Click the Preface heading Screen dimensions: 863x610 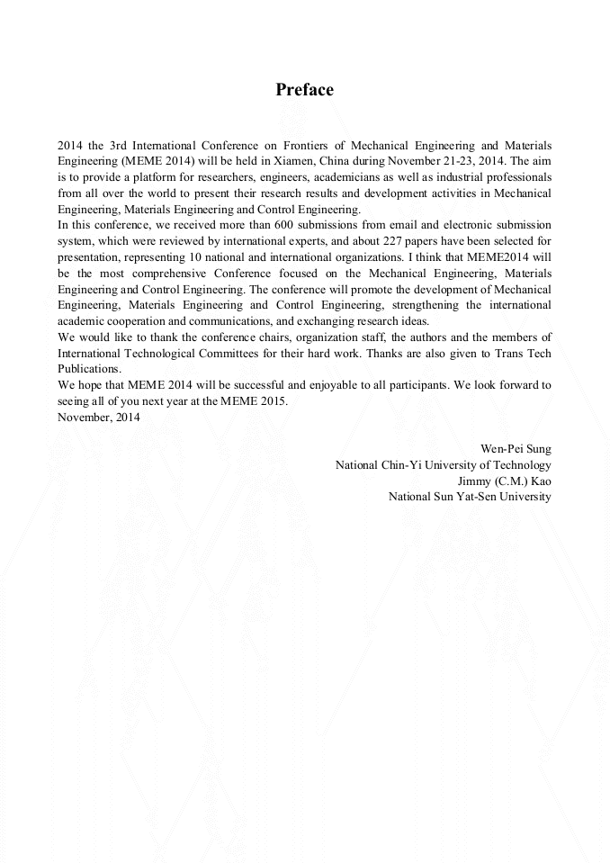pos(304,90)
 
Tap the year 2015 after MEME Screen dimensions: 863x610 pos(274,401)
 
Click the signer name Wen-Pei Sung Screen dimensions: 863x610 pos(517,449)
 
